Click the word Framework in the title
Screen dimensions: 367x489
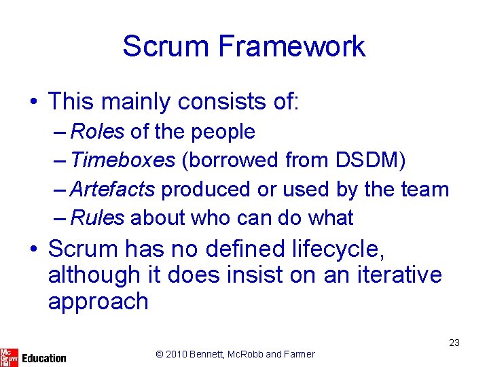pos(292,46)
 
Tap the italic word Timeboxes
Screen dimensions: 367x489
pos(122,160)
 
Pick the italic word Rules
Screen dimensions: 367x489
pos(97,217)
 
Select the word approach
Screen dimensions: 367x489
pos(98,301)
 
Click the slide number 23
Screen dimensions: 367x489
pos(454,343)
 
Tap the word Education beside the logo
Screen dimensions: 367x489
pos(44,358)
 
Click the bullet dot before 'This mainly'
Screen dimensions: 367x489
pos(33,103)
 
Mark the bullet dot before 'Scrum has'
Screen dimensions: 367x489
pos(33,249)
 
